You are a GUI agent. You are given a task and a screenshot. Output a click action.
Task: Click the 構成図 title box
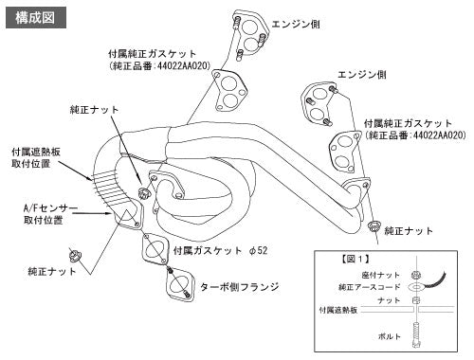36,18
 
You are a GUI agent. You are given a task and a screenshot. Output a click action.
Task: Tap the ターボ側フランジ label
240,287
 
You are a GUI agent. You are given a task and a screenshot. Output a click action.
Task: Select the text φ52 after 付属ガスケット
258,251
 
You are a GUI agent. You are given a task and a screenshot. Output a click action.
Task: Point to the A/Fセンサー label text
50,208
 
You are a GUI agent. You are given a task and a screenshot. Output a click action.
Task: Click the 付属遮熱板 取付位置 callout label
36,157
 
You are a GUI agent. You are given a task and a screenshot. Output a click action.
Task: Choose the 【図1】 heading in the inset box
355,260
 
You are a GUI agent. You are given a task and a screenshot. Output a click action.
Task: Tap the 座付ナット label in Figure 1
381,275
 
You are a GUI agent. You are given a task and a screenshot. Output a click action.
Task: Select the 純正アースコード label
370,287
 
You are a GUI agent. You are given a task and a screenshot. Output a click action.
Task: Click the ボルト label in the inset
390,336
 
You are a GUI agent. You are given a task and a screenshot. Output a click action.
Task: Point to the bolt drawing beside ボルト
417,334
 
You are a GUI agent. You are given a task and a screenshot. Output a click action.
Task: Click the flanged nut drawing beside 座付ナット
416,275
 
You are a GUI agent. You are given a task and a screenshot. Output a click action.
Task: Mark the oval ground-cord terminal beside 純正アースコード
417,287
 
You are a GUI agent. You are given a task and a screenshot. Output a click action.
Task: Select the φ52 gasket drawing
155,249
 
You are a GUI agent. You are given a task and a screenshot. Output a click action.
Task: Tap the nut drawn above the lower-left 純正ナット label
75,255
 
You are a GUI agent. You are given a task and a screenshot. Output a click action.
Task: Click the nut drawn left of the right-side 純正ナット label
374,226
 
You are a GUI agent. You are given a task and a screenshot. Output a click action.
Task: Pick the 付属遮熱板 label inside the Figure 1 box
337,310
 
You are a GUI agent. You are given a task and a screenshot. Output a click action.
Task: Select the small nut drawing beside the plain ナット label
416,300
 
